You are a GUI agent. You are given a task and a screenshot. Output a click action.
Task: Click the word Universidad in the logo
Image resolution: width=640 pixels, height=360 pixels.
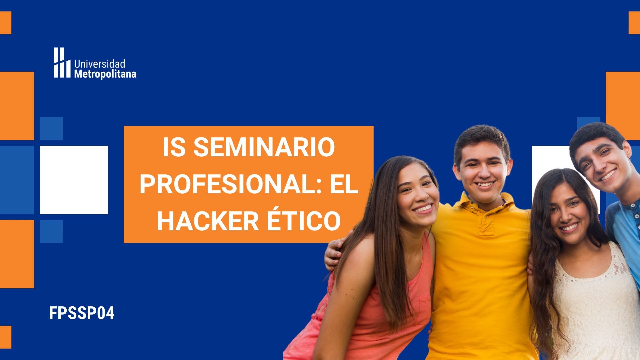click(100, 64)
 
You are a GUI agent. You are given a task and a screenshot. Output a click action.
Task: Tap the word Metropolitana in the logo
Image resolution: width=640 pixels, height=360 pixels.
click(105, 74)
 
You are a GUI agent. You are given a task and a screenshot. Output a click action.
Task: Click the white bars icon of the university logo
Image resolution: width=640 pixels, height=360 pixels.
click(62, 63)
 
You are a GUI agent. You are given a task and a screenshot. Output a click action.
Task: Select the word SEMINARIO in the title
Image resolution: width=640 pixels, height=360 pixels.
click(264, 147)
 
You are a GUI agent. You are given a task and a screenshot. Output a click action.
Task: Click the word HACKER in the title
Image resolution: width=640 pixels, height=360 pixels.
click(208, 221)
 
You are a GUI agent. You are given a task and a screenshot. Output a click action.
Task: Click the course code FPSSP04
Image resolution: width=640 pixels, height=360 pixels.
click(82, 313)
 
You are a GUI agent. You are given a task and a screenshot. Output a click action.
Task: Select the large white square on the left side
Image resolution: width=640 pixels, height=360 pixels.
click(74, 180)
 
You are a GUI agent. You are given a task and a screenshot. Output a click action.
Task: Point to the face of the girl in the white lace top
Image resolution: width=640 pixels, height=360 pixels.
click(569, 213)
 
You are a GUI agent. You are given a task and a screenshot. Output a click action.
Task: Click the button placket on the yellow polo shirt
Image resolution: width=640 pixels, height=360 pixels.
click(485, 222)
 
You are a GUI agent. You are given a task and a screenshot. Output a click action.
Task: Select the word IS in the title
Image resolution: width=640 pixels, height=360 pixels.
click(174, 147)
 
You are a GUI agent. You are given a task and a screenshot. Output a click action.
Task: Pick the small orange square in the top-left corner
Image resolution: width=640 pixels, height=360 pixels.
click(6, 23)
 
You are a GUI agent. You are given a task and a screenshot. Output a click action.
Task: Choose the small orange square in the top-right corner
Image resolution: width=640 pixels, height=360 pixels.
click(634, 23)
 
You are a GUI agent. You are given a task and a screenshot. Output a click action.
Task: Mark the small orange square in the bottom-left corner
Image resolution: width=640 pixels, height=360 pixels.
click(6, 337)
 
